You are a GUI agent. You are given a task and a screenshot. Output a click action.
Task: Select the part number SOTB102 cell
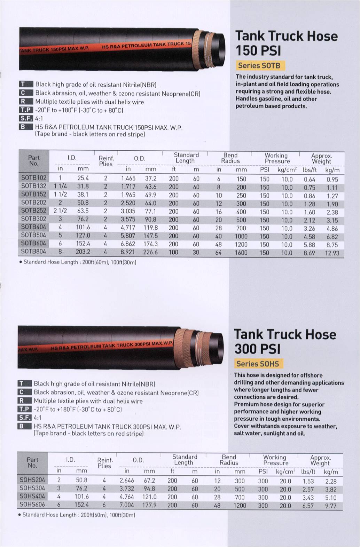coord(33,178)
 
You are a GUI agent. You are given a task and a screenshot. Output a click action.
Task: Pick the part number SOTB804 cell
coord(33,252)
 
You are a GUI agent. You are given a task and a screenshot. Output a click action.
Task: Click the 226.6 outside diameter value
coord(150,252)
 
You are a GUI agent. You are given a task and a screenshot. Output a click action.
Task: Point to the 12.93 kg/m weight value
coord(332,253)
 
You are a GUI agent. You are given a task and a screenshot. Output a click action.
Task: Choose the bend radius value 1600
coord(241,253)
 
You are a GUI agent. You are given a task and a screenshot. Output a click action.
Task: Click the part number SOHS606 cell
coord(32,505)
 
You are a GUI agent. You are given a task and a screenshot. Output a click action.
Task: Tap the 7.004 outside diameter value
coord(127,505)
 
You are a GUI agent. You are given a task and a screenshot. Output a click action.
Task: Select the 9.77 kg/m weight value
coord(330,506)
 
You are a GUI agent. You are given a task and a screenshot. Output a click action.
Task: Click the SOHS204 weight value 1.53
coord(308,482)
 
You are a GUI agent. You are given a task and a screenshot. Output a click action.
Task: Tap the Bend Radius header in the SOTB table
coord(230,158)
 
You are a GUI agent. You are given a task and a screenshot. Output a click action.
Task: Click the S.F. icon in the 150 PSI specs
coord(26,119)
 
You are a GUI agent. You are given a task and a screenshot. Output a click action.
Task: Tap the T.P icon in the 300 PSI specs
coord(24,409)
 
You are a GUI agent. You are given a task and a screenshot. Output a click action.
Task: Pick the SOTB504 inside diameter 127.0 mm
coord(83,236)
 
